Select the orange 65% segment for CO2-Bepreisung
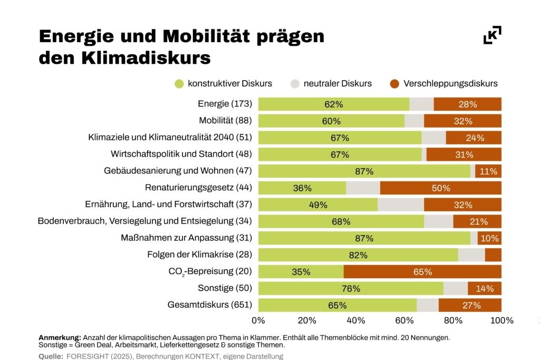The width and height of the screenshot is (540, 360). pos(422,272)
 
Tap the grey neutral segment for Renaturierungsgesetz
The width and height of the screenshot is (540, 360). pos(363,188)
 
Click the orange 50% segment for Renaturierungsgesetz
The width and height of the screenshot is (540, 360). pos(441,188)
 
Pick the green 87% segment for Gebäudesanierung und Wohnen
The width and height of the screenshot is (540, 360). pos(364,171)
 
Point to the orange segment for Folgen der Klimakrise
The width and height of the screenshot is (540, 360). pos(493,255)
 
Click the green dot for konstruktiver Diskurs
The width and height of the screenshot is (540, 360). pos(179,84)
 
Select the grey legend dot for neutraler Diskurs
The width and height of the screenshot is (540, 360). pos(295,84)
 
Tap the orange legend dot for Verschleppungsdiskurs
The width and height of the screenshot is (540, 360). pos(394,84)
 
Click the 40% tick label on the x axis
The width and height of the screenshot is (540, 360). pos(355,321)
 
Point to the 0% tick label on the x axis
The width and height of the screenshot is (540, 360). pos(258,321)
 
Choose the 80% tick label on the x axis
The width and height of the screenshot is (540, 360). pos(453,321)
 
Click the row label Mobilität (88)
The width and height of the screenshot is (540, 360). pos(225,120)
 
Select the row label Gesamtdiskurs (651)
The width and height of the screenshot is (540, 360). pos(210,305)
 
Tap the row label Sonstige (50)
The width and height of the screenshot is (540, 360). pos(225,288)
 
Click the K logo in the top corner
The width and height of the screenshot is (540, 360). pos(492,35)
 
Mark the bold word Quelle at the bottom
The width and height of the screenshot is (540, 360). pos(51,356)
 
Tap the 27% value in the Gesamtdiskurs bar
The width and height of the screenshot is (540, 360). pos(471,305)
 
